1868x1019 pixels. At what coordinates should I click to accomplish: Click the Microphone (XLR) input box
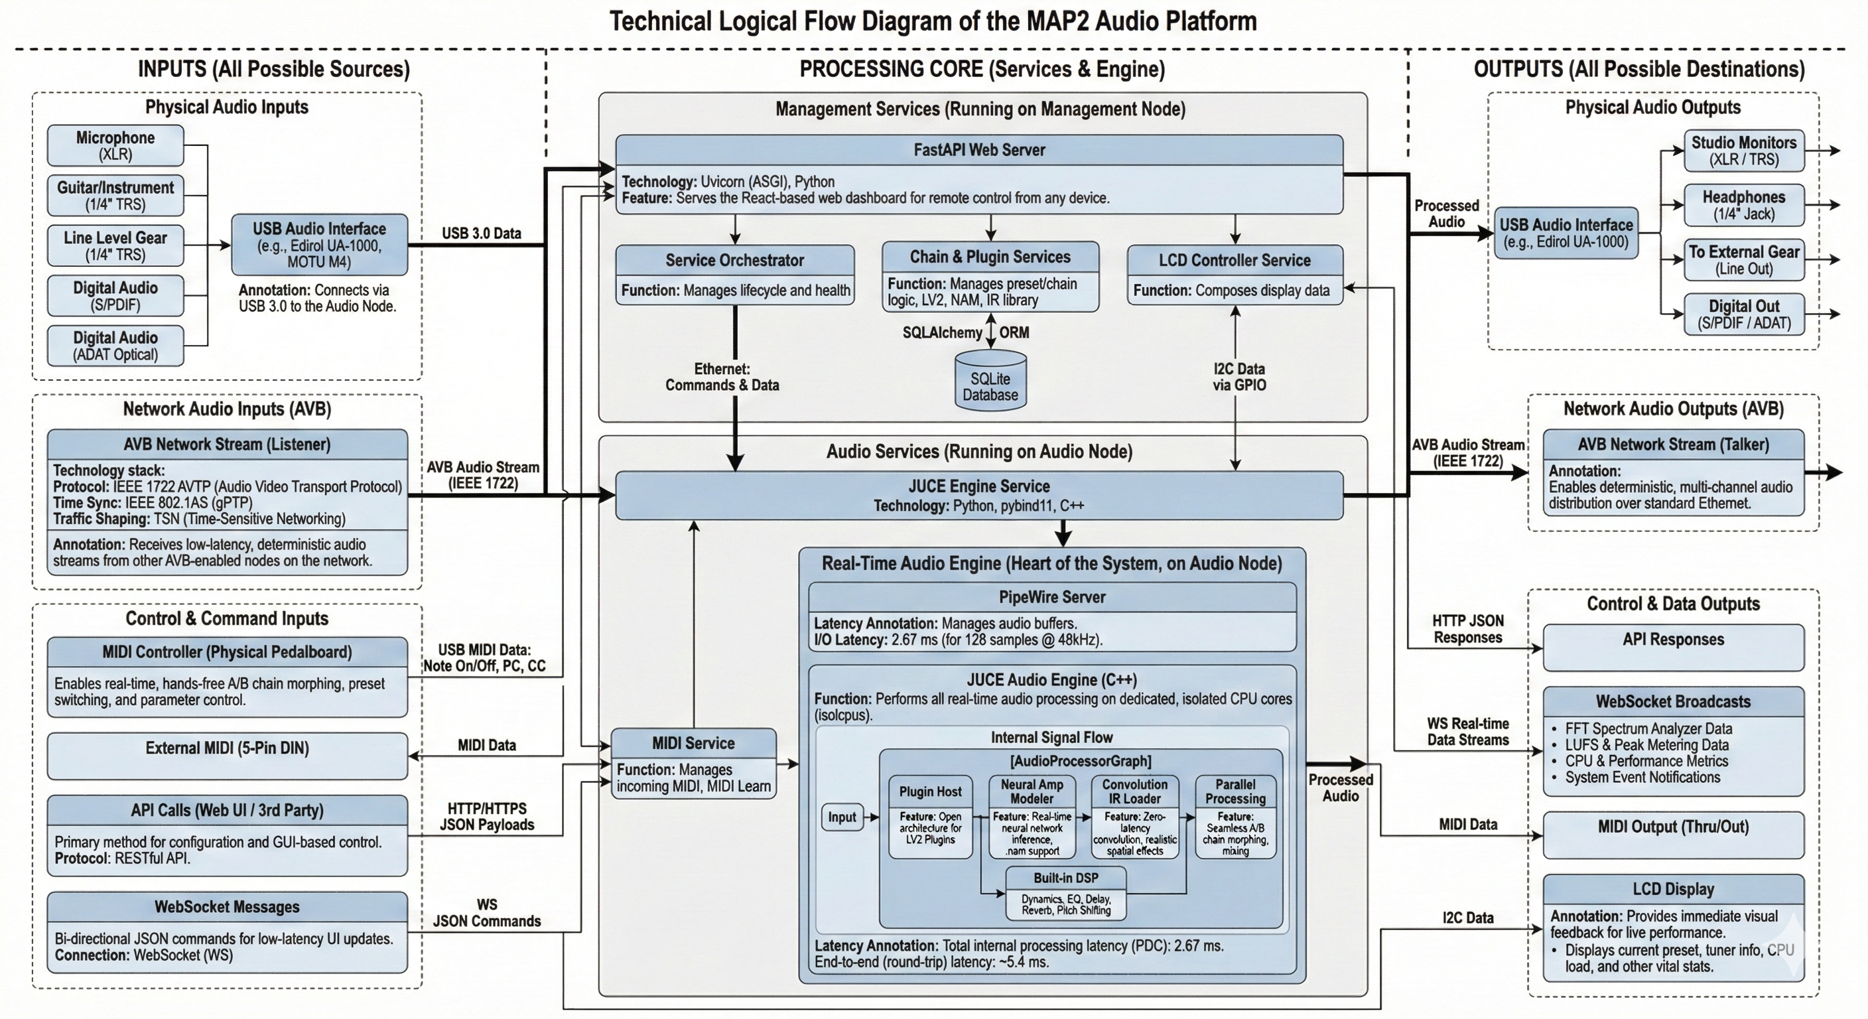tap(115, 145)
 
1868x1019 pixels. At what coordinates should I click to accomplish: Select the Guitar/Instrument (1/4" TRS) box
tap(115, 195)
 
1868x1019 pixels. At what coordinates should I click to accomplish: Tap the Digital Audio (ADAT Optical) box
tap(115, 345)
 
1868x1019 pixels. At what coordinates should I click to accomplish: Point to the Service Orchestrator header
tap(734, 260)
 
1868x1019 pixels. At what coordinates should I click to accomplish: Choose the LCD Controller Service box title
tap(1234, 260)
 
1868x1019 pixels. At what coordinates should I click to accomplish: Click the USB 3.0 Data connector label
tap(482, 234)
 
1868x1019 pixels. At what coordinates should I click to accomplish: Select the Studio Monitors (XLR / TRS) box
tap(1743, 151)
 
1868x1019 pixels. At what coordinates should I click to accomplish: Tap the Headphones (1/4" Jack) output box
tap(1743, 205)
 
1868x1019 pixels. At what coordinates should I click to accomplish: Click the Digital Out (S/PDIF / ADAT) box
tap(1743, 314)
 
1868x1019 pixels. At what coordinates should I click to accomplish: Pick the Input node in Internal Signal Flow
tap(842, 817)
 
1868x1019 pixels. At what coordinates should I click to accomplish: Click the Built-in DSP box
tap(1066, 894)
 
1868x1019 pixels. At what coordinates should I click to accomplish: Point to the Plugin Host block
tap(931, 817)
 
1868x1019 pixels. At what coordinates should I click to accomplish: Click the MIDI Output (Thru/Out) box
tap(1673, 833)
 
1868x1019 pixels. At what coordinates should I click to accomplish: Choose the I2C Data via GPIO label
tap(1238, 376)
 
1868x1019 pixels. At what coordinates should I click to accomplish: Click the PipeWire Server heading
tap(1051, 597)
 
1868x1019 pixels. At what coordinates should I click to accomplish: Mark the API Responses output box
tap(1673, 647)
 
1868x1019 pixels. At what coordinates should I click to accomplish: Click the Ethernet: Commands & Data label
tap(722, 377)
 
